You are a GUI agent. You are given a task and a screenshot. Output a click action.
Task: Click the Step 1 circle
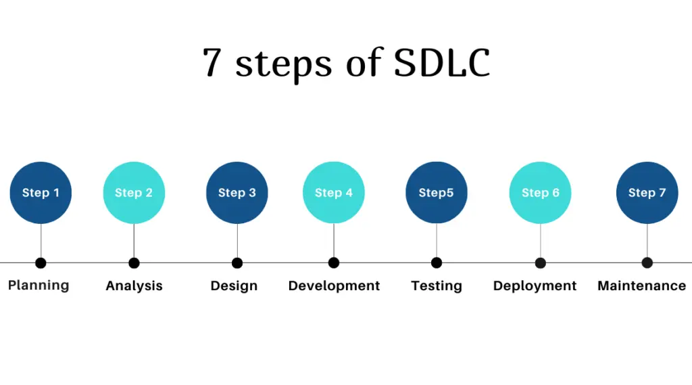coord(41,193)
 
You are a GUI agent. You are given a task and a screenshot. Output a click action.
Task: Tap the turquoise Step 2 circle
coord(134,193)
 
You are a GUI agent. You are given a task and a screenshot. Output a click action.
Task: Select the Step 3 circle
coord(237,193)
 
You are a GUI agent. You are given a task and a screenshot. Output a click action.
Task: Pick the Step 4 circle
coord(334,193)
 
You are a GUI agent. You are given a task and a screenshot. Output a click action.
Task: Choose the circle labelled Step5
coord(437,193)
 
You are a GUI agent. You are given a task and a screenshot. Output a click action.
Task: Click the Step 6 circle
coord(541,193)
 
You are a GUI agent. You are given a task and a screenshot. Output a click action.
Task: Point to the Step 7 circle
coord(647,193)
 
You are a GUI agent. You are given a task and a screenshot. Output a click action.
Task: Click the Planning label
coord(39,286)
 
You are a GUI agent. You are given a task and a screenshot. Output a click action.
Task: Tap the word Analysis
coord(134,286)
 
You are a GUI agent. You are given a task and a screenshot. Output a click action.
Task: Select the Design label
coord(234,286)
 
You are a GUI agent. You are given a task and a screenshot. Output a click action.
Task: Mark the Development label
coord(334,286)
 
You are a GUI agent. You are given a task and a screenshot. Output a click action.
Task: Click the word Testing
coord(437,286)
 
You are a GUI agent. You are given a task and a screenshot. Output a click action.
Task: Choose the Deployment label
coord(535,286)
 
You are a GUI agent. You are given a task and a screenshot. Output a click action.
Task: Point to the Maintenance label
coord(641,286)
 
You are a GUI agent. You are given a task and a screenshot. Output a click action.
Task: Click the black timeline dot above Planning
coord(41,263)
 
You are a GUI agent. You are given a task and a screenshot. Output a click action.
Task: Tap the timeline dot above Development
coord(334,263)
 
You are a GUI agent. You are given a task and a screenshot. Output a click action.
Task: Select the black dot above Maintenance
coord(647,263)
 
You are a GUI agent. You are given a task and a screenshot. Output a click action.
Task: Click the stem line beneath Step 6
coord(541,240)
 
